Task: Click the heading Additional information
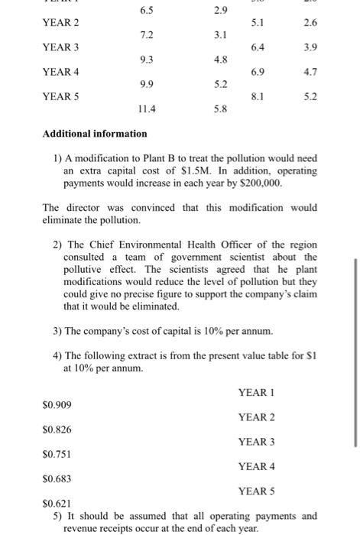pyautogui.click(x=95, y=134)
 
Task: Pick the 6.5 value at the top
pyautogui.click(x=147, y=10)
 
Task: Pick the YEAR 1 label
pyautogui.click(x=256, y=392)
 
